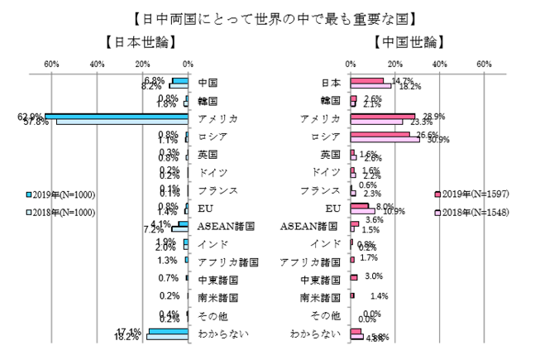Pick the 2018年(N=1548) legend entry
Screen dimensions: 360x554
472,213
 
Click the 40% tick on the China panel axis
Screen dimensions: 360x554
440,65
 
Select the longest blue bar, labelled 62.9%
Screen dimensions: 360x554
117,116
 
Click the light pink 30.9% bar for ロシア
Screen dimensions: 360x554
384,139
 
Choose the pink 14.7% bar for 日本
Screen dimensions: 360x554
366,80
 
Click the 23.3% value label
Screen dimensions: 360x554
410,122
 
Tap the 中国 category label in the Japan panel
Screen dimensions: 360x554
208,83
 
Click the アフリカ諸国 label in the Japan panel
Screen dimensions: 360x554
228,262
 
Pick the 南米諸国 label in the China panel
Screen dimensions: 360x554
319,297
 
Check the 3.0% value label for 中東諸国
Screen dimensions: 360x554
373,276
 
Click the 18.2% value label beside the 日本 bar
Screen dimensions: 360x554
410,85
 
